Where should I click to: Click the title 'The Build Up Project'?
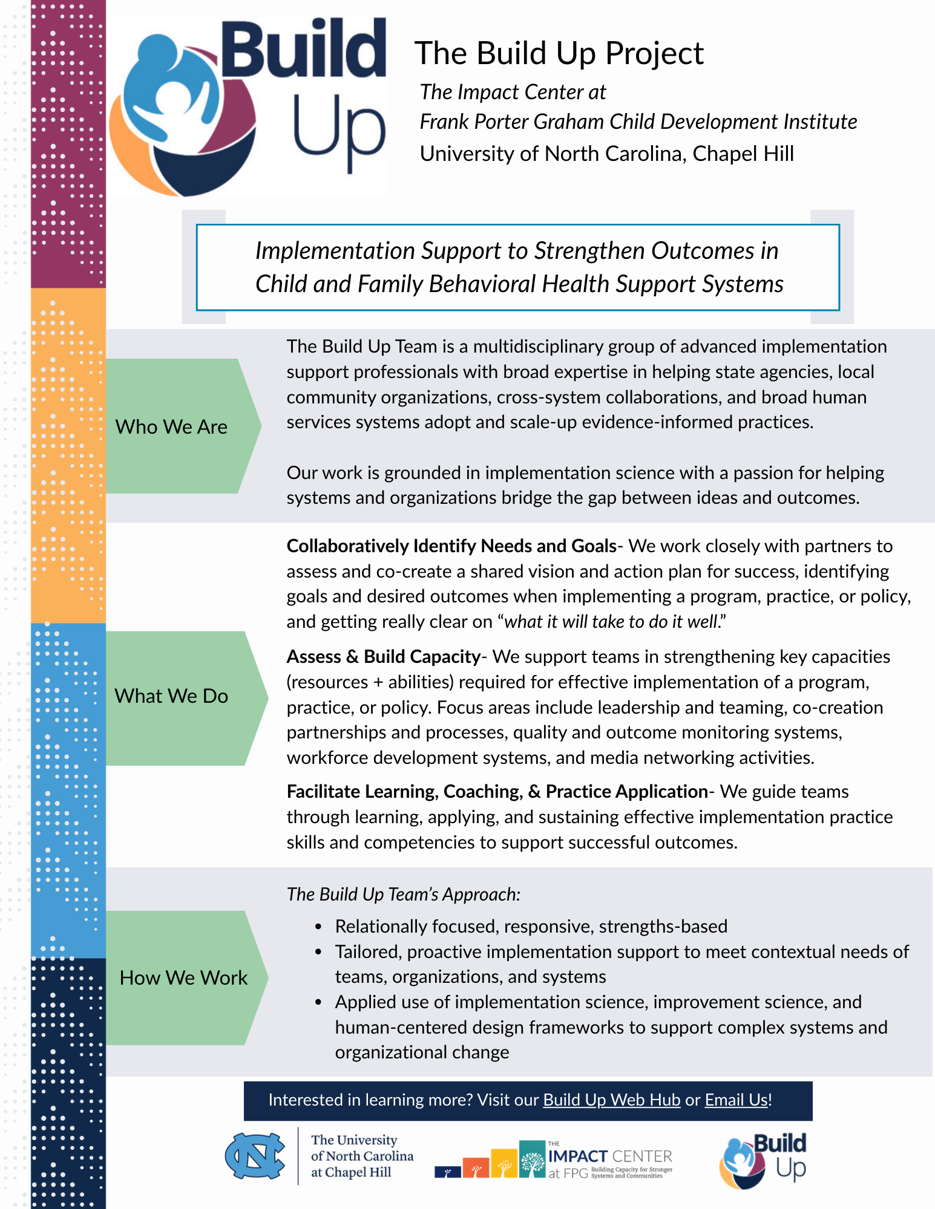(559, 53)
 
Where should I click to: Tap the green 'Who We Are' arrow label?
(172, 426)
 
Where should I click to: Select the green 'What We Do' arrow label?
(172, 696)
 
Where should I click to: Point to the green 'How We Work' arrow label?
(183, 977)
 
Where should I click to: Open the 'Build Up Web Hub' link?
(611, 1100)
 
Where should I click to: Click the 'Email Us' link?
(737, 1100)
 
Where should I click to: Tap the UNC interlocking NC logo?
(255, 1156)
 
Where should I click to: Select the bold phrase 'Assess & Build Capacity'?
(383, 657)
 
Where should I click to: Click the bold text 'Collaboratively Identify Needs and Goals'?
(451, 546)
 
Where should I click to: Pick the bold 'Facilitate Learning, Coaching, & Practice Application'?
(497, 792)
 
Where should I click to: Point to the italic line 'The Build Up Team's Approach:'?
(403, 894)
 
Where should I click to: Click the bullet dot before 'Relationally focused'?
(318, 927)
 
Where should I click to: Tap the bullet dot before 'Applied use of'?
(318, 1002)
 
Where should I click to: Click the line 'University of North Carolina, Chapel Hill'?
(606, 154)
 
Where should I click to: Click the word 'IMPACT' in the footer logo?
(577, 1156)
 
